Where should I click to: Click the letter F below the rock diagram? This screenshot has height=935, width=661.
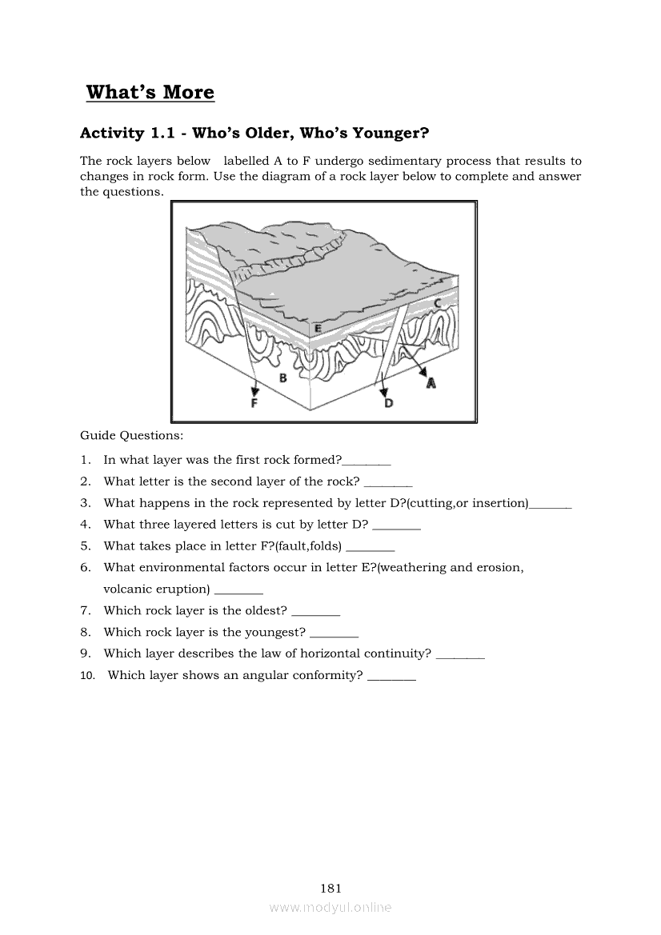pyautogui.click(x=254, y=404)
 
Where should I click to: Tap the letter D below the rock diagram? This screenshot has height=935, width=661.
pyautogui.click(x=389, y=404)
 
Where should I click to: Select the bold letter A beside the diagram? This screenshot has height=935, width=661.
pyautogui.click(x=431, y=383)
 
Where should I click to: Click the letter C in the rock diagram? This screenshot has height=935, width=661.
pyautogui.click(x=438, y=304)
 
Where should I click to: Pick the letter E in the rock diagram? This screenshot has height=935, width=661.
pyautogui.click(x=318, y=328)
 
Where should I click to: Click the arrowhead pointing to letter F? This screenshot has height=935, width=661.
pyautogui.click(x=254, y=391)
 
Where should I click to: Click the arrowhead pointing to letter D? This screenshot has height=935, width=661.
pyautogui.click(x=384, y=392)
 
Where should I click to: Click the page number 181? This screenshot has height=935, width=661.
pyautogui.click(x=330, y=888)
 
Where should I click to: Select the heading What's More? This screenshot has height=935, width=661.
pyautogui.click(x=150, y=92)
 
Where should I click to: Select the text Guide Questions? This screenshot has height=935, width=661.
pyautogui.click(x=131, y=436)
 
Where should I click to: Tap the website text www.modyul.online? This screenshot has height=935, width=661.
pyautogui.click(x=330, y=907)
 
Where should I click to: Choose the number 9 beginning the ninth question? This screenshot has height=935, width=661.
pyautogui.click(x=84, y=653)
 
